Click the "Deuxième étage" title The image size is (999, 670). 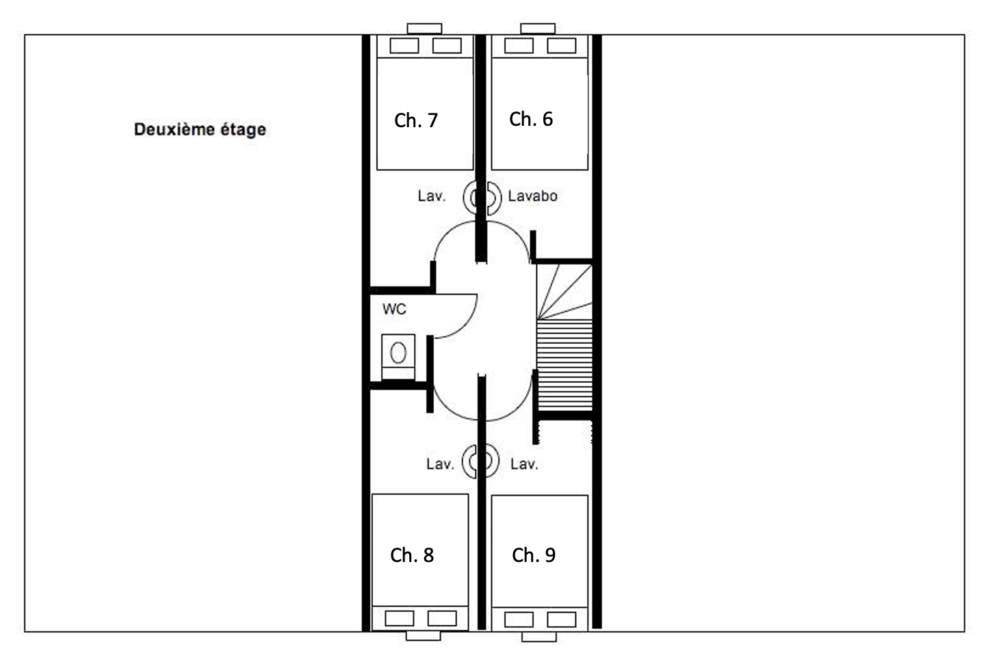pos(200,129)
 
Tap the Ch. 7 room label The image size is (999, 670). pos(416,120)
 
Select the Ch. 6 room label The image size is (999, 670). pos(531,119)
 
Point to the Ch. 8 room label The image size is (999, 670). pos(412,555)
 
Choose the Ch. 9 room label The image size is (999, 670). pos(534,555)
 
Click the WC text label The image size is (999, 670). pos(394,309)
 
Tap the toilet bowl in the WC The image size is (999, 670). pos(398,353)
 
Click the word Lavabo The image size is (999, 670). pos(532,196)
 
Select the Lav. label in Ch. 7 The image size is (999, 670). pos(431,196)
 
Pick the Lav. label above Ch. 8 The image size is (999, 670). pos(439,464)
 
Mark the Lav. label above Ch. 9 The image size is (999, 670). pos(524,464)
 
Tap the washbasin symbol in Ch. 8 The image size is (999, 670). pos(471,461)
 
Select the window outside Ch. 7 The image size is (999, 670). pos(424,29)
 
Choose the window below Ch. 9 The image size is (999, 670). pos(539,637)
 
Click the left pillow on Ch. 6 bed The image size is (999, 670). pos(519,46)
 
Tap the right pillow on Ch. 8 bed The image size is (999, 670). pos(442,619)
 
